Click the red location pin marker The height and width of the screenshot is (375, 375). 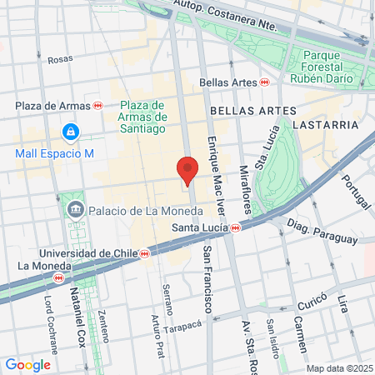point(187,171)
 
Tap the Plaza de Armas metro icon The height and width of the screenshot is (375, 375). point(97,106)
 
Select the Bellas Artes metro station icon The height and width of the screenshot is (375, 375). point(263,82)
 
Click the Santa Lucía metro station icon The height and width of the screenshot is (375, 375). point(236,227)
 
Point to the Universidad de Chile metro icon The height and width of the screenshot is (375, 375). point(144,252)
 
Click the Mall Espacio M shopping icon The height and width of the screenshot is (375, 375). point(70,132)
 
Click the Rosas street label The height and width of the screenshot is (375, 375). point(60,59)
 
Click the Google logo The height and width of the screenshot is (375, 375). point(27,364)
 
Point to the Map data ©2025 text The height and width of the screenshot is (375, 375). point(338,368)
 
